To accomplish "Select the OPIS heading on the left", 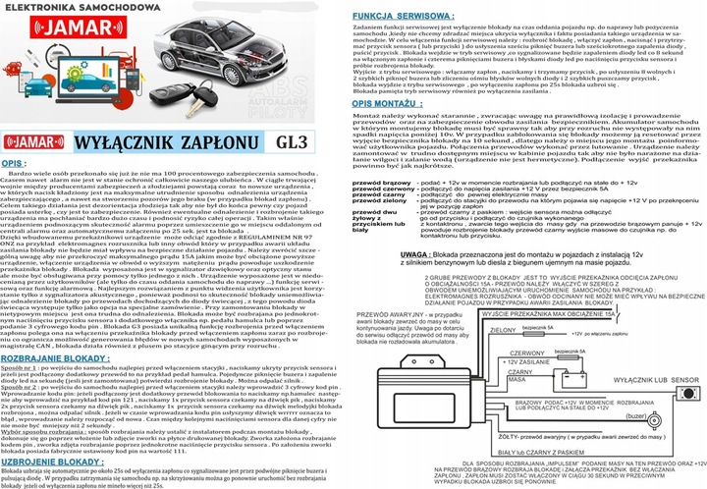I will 17,190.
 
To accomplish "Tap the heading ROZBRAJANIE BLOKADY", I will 62,358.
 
